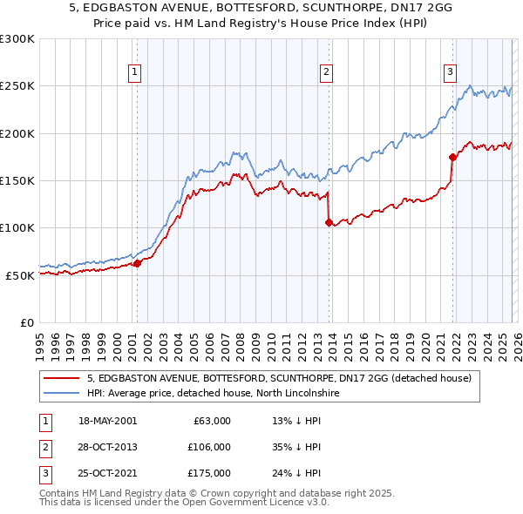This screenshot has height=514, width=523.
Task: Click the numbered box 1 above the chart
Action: click(x=136, y=72)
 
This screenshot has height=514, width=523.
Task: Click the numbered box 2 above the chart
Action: click(x=326, y=72)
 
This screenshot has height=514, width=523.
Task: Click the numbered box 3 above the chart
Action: click(x=450, y=72)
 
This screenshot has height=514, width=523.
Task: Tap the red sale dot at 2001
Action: click(x=137, y=263)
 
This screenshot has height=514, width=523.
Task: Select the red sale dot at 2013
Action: click(x=329, y=222)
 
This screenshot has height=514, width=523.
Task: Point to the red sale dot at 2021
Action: click(x=452, y=158)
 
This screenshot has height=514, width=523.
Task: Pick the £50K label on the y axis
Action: click(x=19, y=275)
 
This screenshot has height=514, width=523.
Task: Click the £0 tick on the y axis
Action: click(x=26, y=322)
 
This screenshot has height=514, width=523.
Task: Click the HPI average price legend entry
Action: click(x=218, y=393)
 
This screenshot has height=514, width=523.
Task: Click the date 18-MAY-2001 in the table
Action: click(x=107, y=421)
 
